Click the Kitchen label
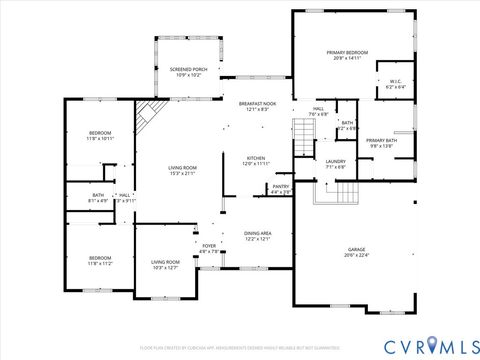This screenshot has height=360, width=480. [x=257, y=160]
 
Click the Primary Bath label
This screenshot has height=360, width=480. [x=381, y=142]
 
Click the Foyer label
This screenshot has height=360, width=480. [x=209, y=248]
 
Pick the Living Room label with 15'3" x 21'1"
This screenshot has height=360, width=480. [x=182, y=170]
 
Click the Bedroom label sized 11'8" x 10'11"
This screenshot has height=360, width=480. [x=100, y=136]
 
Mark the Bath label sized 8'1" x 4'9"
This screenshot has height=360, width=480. [x=98, y=198]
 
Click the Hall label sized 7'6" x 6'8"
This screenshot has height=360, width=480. [x=319, y=111]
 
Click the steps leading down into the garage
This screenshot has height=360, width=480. [x=336, y=193]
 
